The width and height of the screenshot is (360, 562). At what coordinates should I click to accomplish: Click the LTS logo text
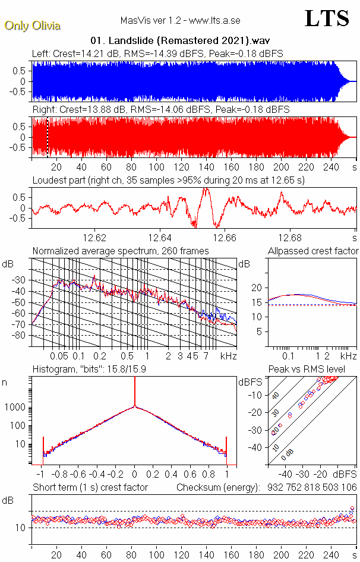pyautogui.click(x=327, y=19)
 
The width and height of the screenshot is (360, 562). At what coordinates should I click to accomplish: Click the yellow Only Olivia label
pyautogui.click(x=33, y=26)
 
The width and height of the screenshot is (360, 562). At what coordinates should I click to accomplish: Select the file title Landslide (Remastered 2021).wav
pyautogui.click(x=181, y=41)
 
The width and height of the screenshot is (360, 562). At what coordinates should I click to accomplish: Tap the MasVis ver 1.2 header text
pyautogui.click(x=180, y=21)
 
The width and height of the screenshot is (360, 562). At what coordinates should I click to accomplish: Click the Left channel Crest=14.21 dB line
pyautogui.click(x=157, y=53)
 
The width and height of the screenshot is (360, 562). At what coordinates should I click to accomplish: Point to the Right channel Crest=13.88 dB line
pyautogui.click(x=160, y=110)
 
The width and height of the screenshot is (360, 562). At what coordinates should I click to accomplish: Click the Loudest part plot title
pyautogui.click(x=168, y=180)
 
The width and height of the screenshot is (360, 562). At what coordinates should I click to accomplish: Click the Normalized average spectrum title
pyautogui.click(x=121, y=251)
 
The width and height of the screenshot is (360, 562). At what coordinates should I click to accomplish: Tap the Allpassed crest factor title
pyautogui.click(x=313, y=251)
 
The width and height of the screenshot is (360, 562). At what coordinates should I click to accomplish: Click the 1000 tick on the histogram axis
pyautogui.click(x=15, y=408)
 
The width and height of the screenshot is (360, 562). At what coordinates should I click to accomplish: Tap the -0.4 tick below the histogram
pyautogui.click(x=97, y=475)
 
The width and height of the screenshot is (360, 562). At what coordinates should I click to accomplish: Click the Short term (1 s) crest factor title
pyautogui.click(x=90, y=488)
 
